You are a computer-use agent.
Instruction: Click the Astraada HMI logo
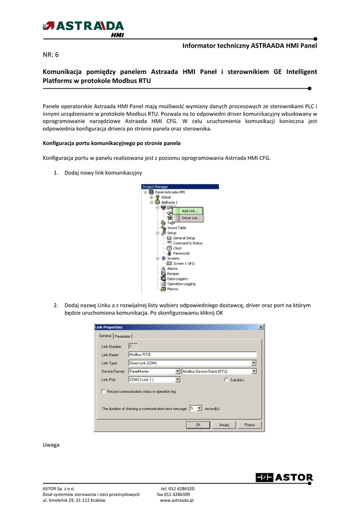(x=84, y=28)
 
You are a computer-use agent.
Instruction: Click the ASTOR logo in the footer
(x=284, y=478)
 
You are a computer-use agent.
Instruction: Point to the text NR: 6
(x=51, y=54)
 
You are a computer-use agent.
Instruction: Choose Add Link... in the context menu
(x=189, y=211)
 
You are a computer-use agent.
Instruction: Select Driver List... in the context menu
(x=191, y=218)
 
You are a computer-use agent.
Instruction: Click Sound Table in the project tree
(x=177, y=228)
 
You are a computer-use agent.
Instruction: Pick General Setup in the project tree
(x=184, y=238)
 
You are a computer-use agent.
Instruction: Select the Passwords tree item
(x=181, y=254)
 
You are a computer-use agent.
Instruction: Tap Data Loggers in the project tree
(x=178, y=279)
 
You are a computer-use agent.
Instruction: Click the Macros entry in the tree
(x=173, y=289)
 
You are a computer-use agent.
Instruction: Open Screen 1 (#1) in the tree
(x=184, y=263)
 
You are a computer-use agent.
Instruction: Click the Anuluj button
(x=224, y=425)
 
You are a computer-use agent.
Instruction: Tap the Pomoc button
(x=250, y=425)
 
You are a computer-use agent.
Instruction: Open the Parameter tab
(x=123, y=336)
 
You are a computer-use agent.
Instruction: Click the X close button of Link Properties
(x=261, y=327)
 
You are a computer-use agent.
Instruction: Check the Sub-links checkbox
(x=227, y=380)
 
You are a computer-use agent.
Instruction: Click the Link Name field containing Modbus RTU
(x=192, y=354)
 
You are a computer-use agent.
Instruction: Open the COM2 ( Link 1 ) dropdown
(x=178, y=380)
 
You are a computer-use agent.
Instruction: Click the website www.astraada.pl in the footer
(x=177, y=500)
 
